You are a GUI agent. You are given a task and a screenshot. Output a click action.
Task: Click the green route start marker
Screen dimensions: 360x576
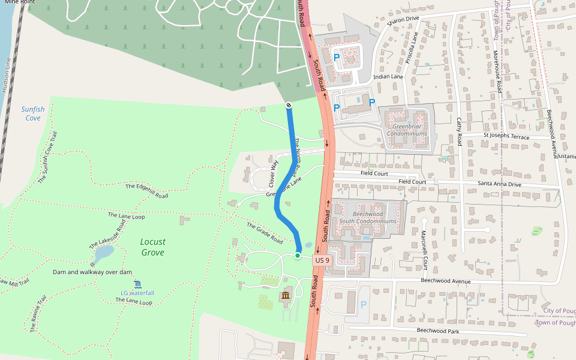click(x=298, y=256)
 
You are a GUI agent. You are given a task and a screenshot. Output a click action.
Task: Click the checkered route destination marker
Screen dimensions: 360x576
click(x=289, y=106)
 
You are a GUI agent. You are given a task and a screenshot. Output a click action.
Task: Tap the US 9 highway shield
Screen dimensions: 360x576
click(x=322, y=260)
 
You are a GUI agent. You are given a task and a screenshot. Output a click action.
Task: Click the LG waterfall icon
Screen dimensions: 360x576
click(x=137, y=284)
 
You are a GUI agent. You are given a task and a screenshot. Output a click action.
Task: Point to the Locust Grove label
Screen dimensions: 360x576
click(x=152, y=247)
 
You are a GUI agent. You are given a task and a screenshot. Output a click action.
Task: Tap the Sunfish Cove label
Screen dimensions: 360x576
click(x=33, y=113)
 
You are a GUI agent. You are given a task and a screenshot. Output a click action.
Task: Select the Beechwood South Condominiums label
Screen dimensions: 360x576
click(x=367, y=217)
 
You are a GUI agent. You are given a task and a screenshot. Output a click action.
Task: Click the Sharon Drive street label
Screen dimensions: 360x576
click(x=403, y=19)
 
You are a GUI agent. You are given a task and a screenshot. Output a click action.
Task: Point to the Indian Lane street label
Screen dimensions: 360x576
click(x=388, y=77)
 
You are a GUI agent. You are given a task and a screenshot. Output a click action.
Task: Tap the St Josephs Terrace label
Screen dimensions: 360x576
click(x=506, y=137)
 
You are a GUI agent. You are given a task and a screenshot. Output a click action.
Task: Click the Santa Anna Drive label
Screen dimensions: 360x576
click(x=499, y=184)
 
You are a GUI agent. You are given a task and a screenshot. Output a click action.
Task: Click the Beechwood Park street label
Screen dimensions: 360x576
click(x=437, y=331)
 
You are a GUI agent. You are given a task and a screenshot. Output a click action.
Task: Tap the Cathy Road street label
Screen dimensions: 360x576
click(x=459, y=131)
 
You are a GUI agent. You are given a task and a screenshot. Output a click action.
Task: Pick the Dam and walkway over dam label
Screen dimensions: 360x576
click(x=92, y=272)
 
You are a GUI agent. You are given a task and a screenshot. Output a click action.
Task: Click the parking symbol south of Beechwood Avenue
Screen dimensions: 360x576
click(x=363, y=305)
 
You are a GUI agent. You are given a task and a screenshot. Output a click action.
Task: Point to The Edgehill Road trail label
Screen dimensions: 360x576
click(x=146, y=191)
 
